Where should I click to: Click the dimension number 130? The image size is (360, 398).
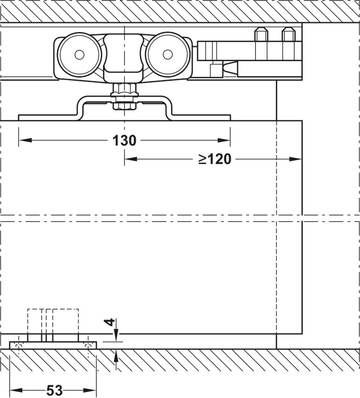pyautogui.click(x=124, y=140)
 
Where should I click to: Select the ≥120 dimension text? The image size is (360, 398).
pyautogui.click(x=215, y=159)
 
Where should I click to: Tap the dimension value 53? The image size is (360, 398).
pyautogui.click(x=54, y=390)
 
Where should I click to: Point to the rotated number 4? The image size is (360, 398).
pyautogui.click(x=111, y=323)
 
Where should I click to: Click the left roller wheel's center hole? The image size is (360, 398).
pyautogui.click(x=79, y=54)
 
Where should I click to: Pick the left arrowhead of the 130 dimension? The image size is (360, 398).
pyautogui.click(x=23, y=140)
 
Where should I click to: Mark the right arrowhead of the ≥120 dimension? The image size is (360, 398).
pyautogui.click(x=297, y=159)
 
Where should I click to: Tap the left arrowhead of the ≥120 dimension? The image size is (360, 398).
pyautogui.click(x=129, y=159)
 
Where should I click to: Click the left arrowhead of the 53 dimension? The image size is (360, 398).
pyautogui.click(x=14, y=390)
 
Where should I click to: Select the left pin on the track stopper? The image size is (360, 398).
pyautogui.click(x=260, y=37)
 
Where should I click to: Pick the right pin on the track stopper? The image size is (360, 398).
pyautogui.click(x=287, y=37)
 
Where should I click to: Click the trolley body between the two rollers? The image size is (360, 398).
pyautogui.click(x=122, y=55)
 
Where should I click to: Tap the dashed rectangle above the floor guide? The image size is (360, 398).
pyautogui.click(x=53, y=322)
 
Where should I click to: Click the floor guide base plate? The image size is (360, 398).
pyautogui.click(x=53, y=345)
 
